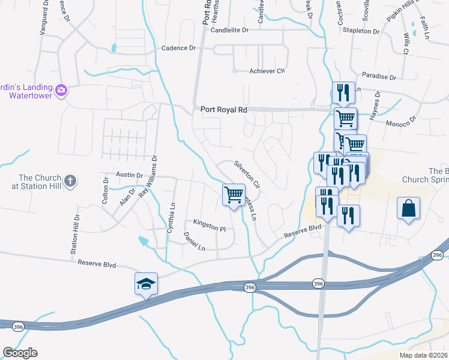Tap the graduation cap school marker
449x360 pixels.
146,284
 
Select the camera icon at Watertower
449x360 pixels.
61,91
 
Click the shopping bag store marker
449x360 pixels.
408,208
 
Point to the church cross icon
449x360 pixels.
70,181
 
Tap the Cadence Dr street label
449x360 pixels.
179,47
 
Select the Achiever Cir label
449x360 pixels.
267,71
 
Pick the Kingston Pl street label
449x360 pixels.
209,229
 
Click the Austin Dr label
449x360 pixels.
129,175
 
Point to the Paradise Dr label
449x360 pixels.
379,77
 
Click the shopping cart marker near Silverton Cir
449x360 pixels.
234,194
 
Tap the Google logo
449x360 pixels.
20,353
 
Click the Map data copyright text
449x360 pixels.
424,355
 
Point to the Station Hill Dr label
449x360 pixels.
76,235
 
